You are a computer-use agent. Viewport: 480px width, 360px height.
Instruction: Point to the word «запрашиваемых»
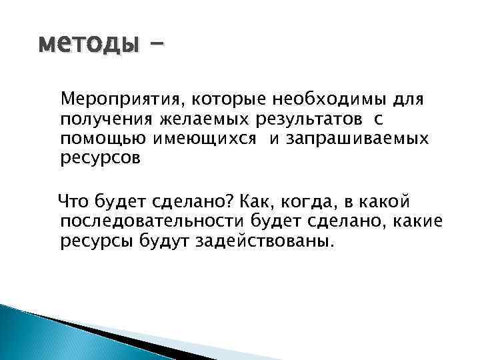point(361,139)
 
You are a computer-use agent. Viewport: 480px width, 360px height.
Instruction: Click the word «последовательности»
point(159,219)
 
